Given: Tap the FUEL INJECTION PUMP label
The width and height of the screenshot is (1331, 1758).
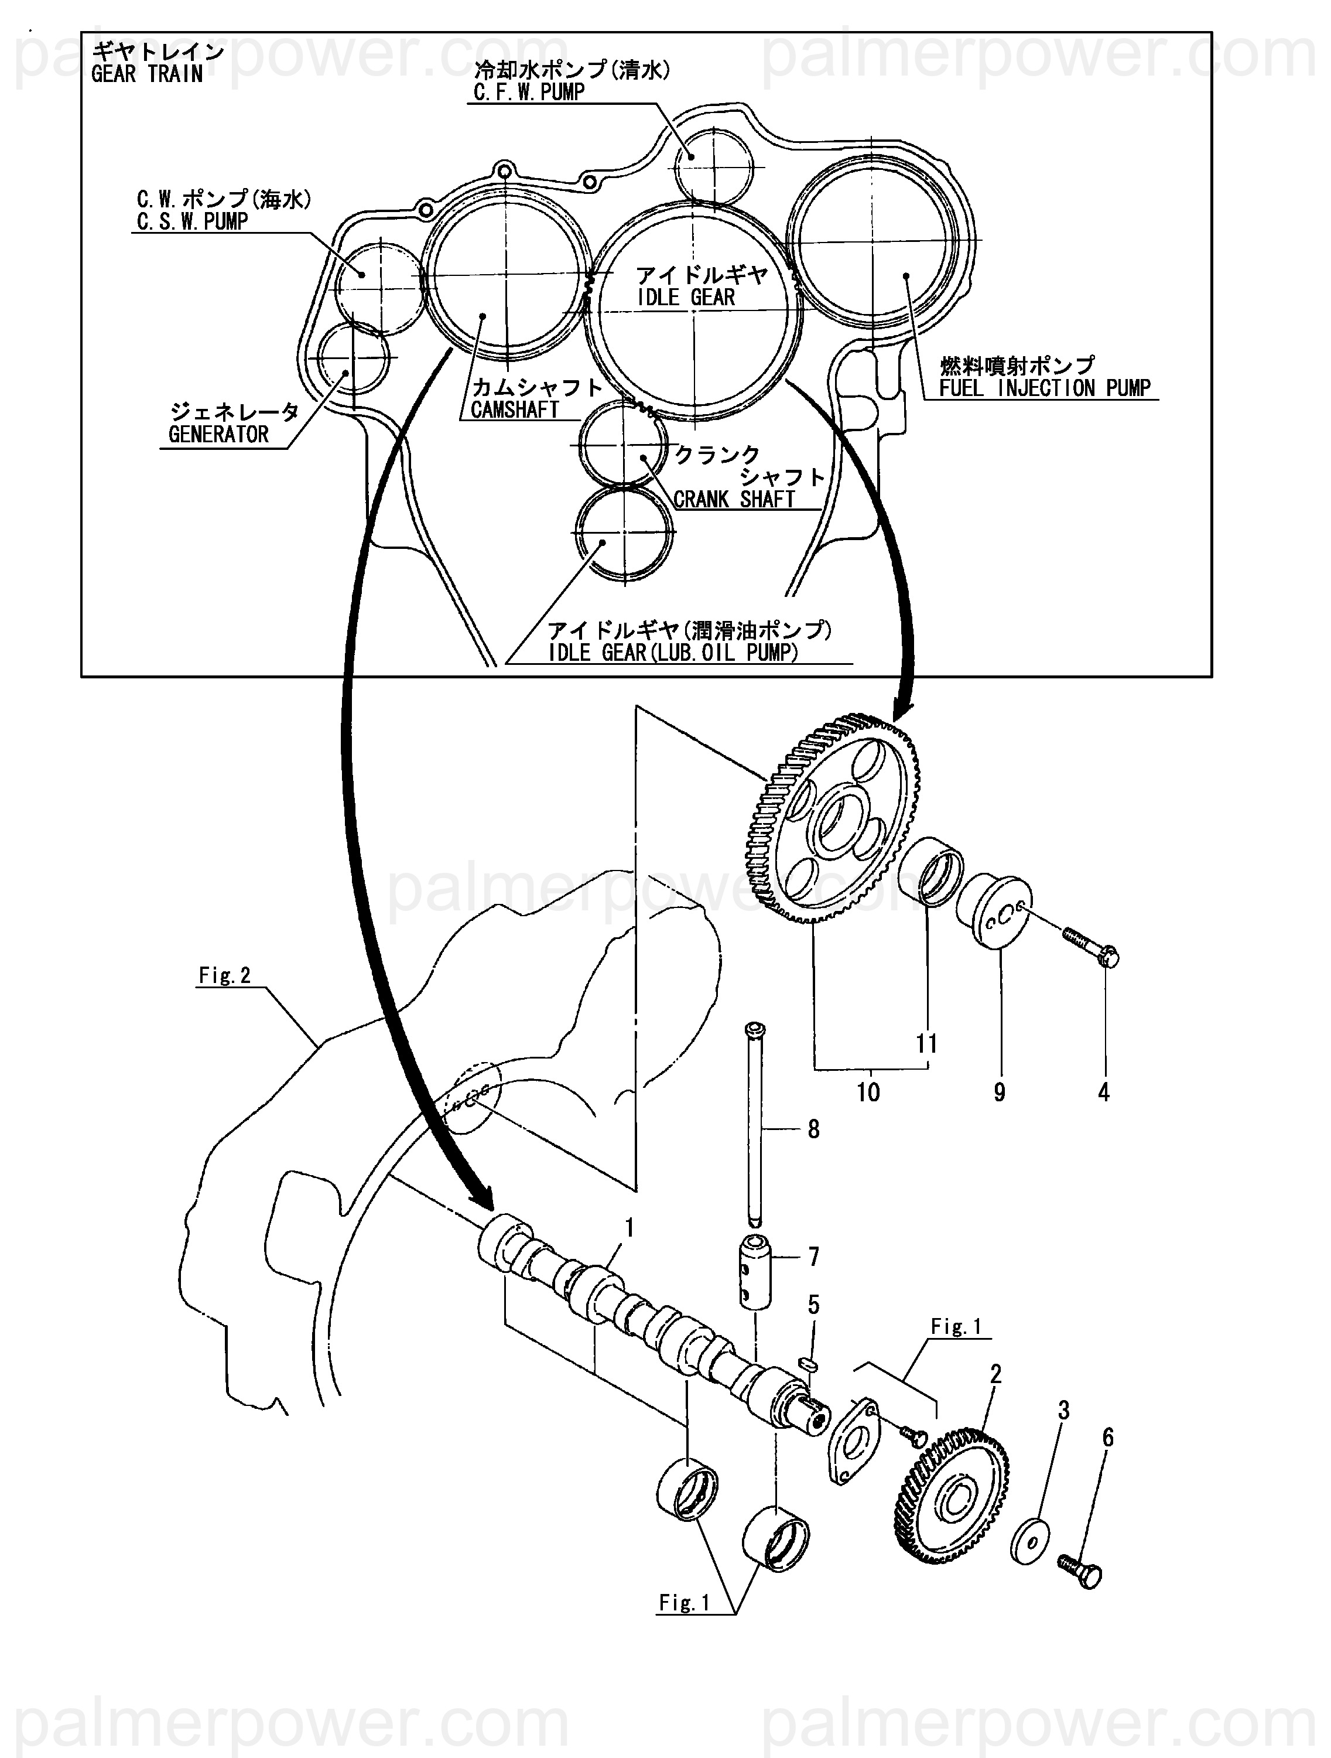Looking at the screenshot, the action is (x=1044, y=388).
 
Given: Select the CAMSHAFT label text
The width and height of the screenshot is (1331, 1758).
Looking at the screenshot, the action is (x=515, y=410).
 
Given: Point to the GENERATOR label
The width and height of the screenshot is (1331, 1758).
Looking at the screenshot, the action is (x=218, y=434).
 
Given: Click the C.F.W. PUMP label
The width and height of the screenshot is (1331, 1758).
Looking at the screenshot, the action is (x=529, y=92).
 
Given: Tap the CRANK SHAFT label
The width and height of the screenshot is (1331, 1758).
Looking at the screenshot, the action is (x=734, y=499).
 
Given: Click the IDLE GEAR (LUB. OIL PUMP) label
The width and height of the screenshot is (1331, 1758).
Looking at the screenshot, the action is (x=672, y=653).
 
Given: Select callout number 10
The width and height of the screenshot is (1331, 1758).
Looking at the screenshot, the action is (x=868, y=1092).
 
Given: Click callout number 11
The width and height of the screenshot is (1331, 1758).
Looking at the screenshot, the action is (x=926, y=1043).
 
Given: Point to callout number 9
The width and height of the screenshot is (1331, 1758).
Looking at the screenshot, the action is (x=999, y=1092).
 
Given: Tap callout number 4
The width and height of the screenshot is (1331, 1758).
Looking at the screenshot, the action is (x=1103, y=1092).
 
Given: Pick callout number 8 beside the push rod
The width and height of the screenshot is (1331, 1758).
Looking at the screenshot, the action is (x=813, y=1129).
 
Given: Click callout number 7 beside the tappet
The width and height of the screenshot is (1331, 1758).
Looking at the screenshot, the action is (x=813, y=1257).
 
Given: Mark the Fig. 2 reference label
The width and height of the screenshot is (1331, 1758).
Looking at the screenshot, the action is (x=225, y=975).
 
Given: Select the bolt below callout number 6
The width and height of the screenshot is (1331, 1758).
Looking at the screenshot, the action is (x=1080, y=1573).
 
